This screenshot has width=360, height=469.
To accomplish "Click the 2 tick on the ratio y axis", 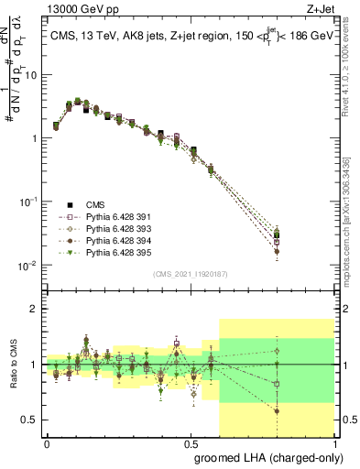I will [36, 309].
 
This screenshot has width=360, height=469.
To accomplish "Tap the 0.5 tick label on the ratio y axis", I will [31, 420].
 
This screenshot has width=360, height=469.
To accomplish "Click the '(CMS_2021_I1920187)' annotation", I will [190, 273].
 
